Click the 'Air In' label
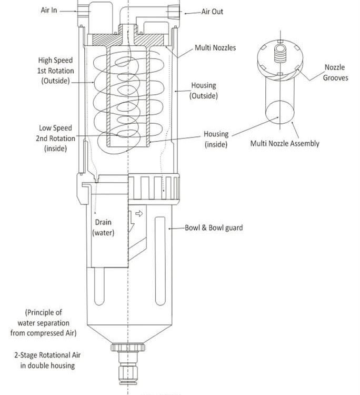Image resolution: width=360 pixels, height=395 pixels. (x=49, y=10)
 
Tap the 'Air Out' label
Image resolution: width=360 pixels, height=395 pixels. (x=212, y=11)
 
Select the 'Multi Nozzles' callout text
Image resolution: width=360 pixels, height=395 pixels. (x=215, y=48)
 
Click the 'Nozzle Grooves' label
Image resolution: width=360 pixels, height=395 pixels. (x=335, y=73)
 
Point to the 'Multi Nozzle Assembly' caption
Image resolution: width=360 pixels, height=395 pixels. (x=285, y=143)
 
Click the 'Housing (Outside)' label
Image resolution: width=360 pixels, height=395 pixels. (x=203, y=91)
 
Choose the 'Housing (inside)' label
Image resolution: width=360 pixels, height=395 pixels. (x=216, y=140)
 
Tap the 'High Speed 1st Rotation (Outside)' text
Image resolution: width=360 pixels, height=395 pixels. (x=55, y=71)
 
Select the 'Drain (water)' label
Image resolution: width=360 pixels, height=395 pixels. (x=103, y=228)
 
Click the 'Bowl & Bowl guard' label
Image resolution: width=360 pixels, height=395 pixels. (x=214, y=228)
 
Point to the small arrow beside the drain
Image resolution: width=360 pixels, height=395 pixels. (x=139, y=214)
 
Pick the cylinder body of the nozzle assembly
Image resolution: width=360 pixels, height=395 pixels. (x=278, y=100)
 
